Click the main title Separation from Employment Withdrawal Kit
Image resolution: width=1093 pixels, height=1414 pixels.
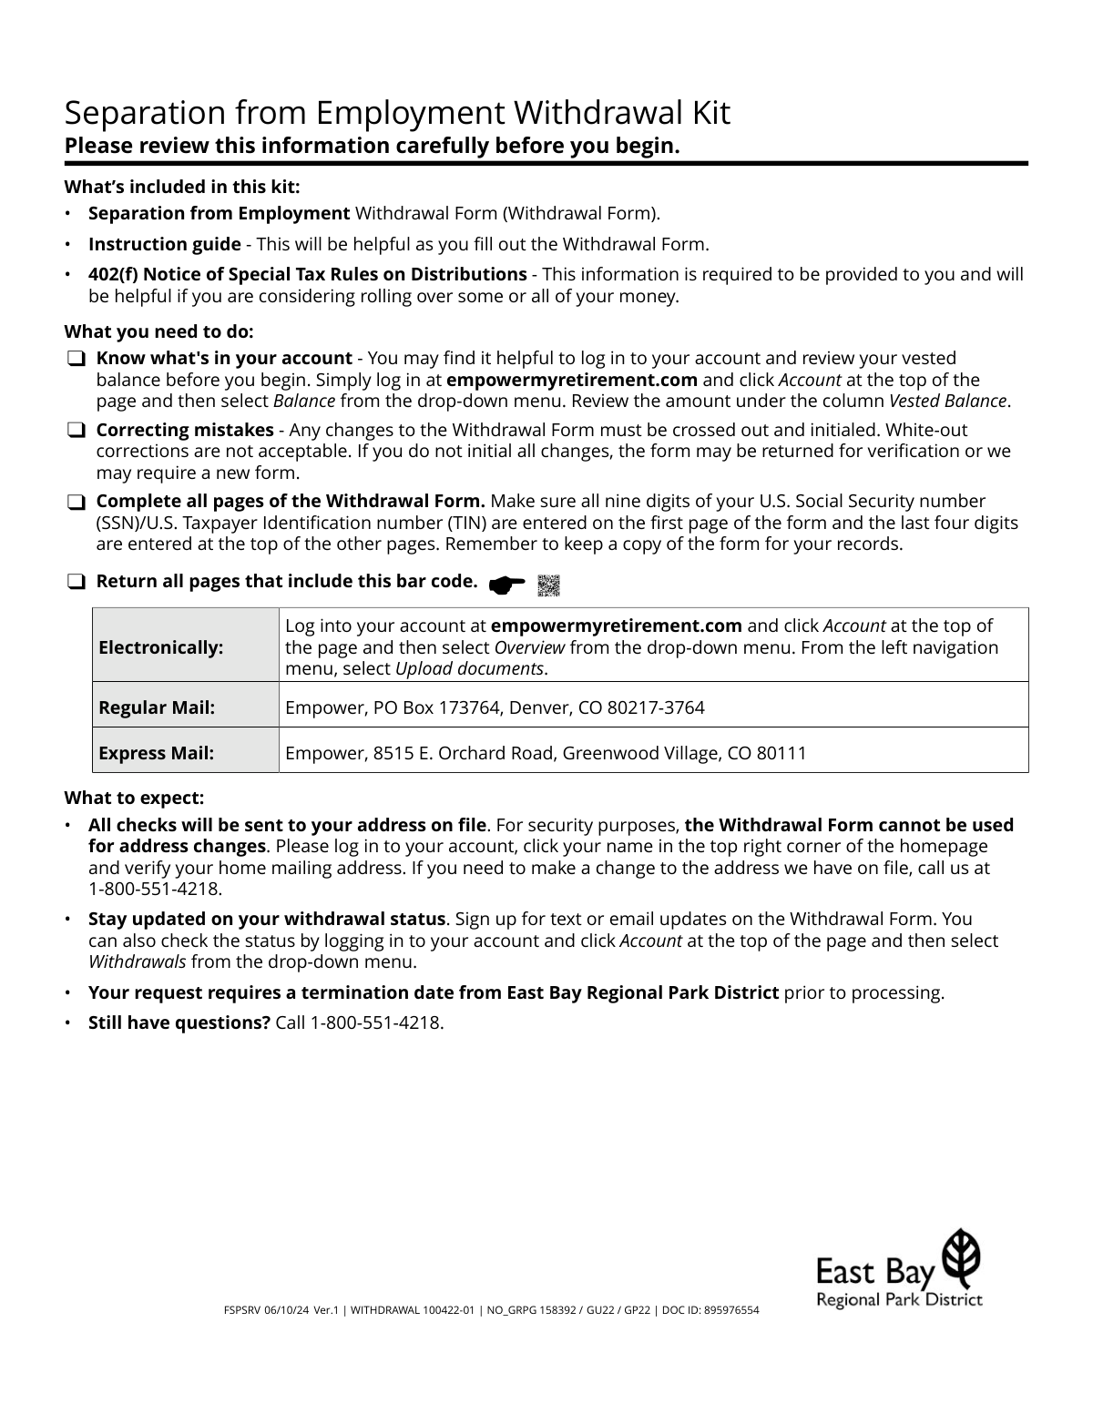pyautogui.click(x=397, y=113)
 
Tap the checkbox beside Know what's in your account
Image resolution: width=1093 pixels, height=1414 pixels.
pyautogui.click(x=76, y=360)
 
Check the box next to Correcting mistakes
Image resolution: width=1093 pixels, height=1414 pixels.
pyautogui.click(x=76, y=431)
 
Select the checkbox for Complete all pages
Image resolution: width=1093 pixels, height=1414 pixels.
pyautogui.click(x=76, y=503)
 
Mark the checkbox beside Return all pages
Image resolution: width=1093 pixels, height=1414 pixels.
pyautogui.click(x=76, y=582)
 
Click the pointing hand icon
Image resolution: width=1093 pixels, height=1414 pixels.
pyautogui.click(x=507, y=585)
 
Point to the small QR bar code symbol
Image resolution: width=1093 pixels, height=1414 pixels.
pyautogui.click(x=548, y=586)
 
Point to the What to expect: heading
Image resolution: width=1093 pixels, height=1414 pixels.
pyautogui.click(x=134, y=798)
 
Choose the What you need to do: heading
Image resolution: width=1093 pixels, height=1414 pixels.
pyautogui.click(x=158, y=331)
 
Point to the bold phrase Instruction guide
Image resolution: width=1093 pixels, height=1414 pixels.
pyautogui.click(x=164, y=244)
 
